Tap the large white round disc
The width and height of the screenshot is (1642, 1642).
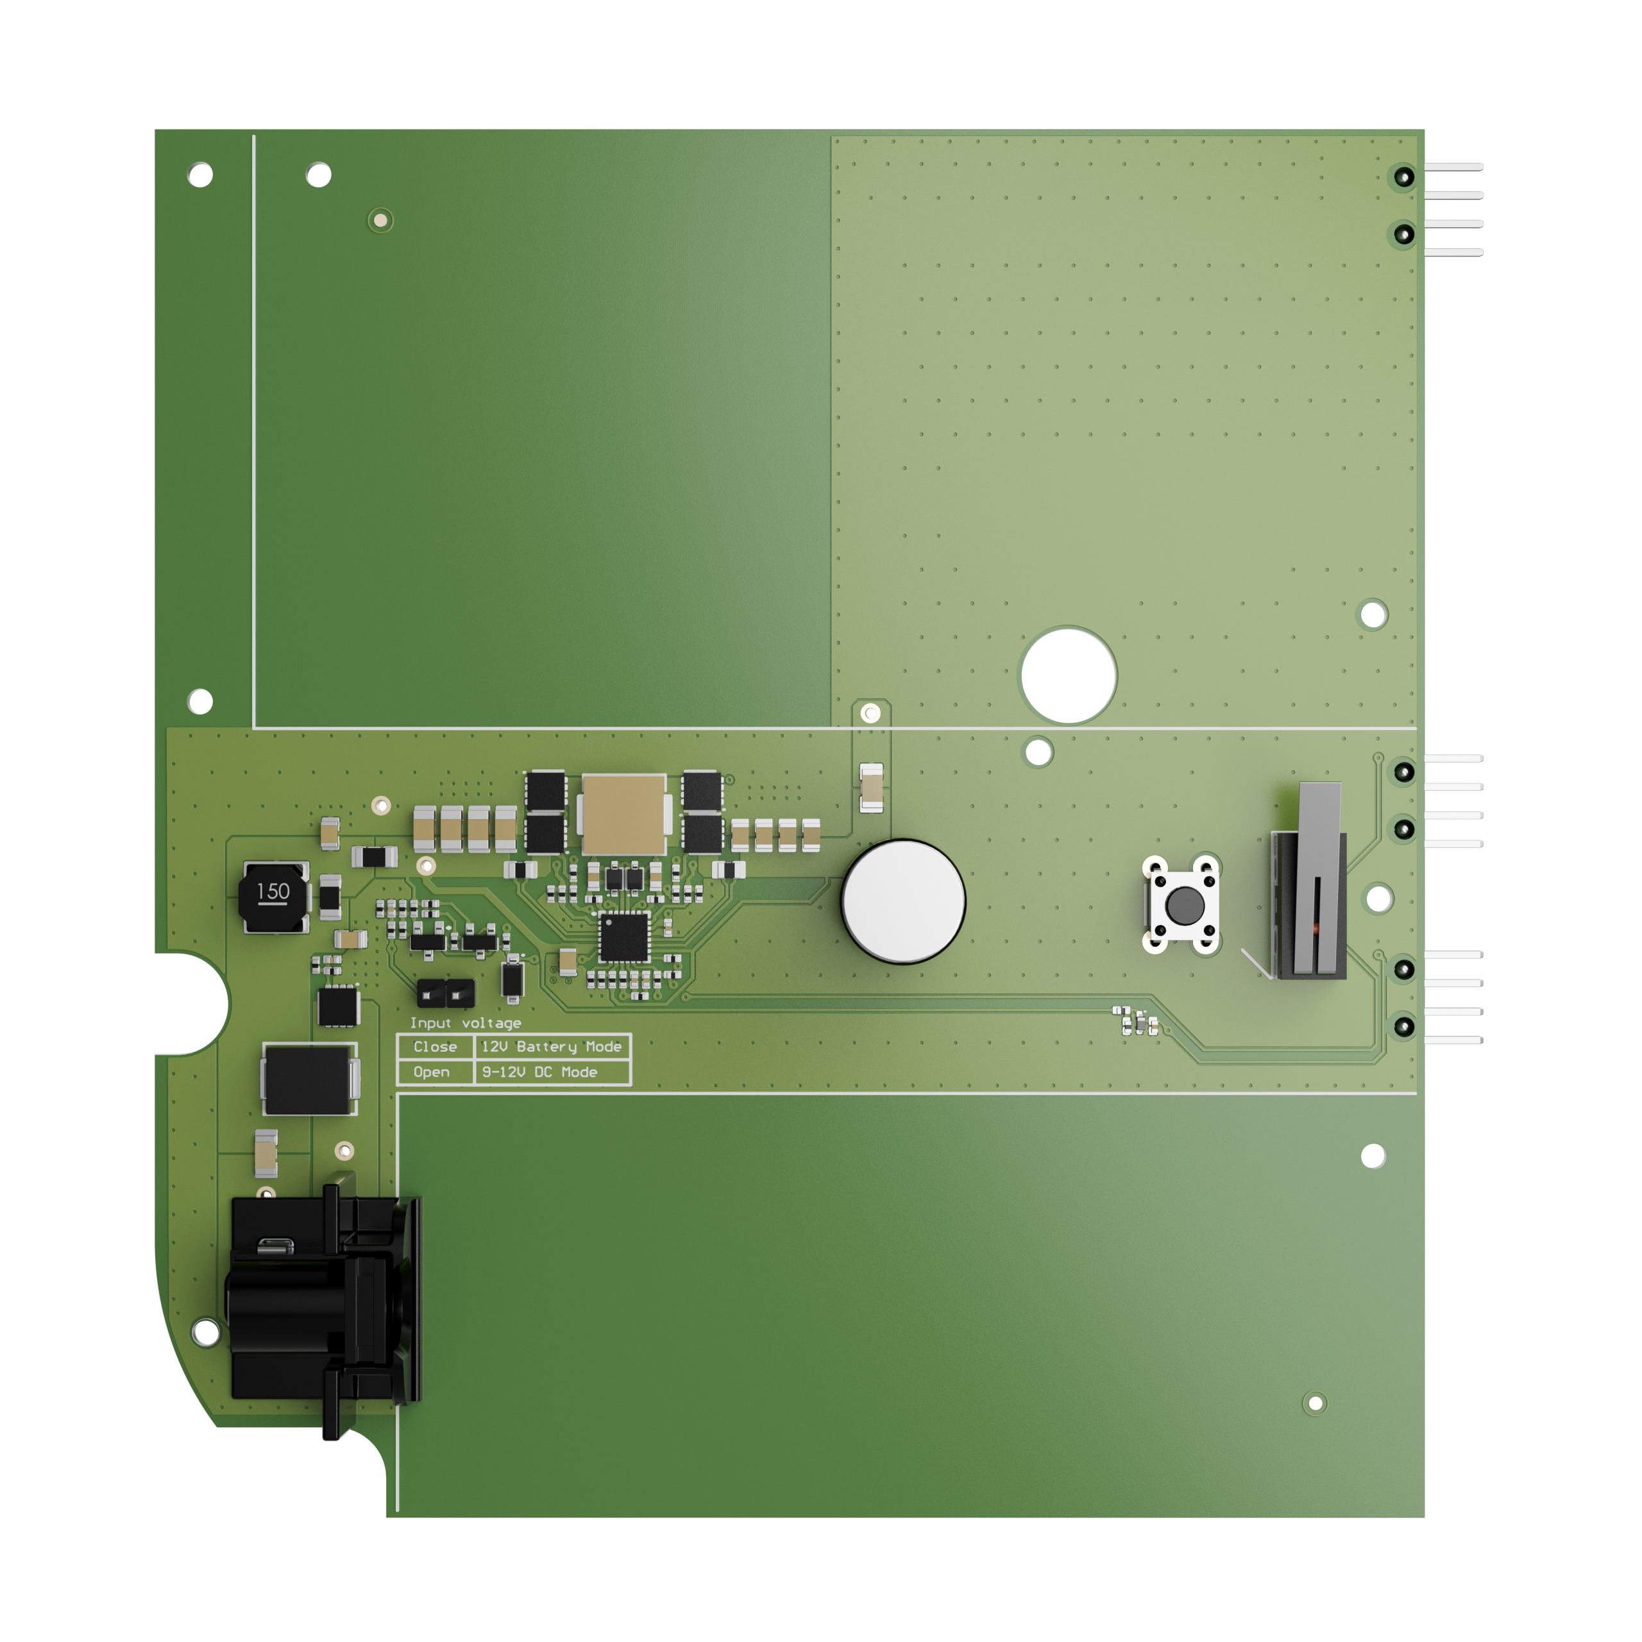coord(902,901)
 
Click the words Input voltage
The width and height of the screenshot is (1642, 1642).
coord(465,1023)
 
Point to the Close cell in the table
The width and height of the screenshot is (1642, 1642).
coord(435,1047)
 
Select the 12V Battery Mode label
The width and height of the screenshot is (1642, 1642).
coord(552,1047)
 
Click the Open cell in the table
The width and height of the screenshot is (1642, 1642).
coord(432,1072)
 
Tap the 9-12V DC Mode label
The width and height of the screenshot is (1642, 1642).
coord(539,1072)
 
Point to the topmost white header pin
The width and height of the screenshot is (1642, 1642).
coord(1453,167)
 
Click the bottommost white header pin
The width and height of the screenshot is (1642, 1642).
coord(1453,1040)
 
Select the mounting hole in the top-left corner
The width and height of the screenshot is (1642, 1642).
coord(201,175)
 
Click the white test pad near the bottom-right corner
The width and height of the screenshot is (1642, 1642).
coord(1315,1403)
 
